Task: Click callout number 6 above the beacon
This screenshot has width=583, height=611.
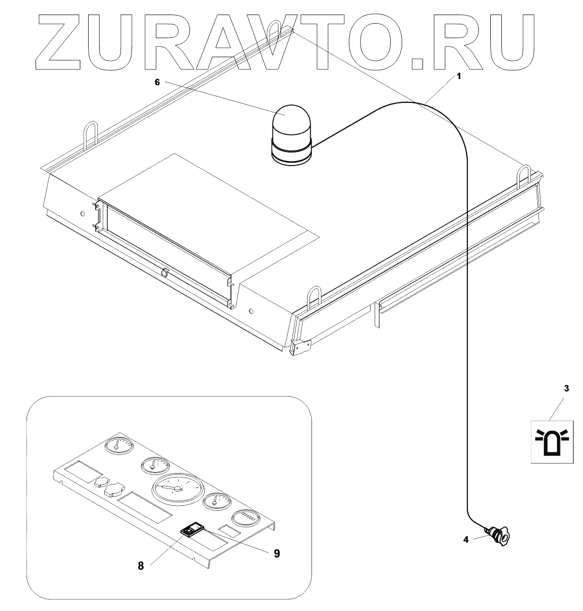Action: coord(157,83)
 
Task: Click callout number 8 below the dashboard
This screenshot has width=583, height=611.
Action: coord(141,565)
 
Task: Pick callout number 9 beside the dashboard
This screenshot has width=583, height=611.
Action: coord(276,553)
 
